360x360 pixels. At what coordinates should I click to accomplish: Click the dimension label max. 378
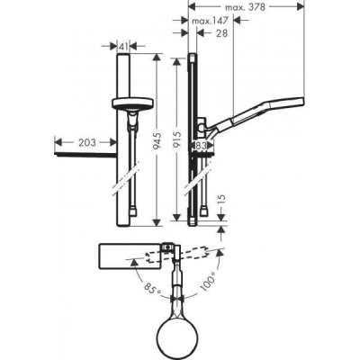coord(246,6)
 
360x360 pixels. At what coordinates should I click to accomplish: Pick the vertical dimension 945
coord(161,140)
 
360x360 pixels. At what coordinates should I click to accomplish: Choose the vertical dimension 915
coord(180,140)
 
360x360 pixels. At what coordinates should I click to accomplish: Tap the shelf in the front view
coord(87,156)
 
